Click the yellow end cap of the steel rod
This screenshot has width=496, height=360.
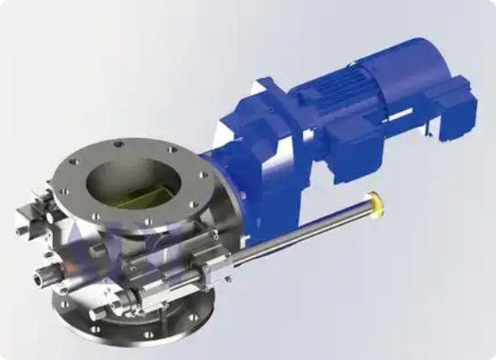coord(377,204)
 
